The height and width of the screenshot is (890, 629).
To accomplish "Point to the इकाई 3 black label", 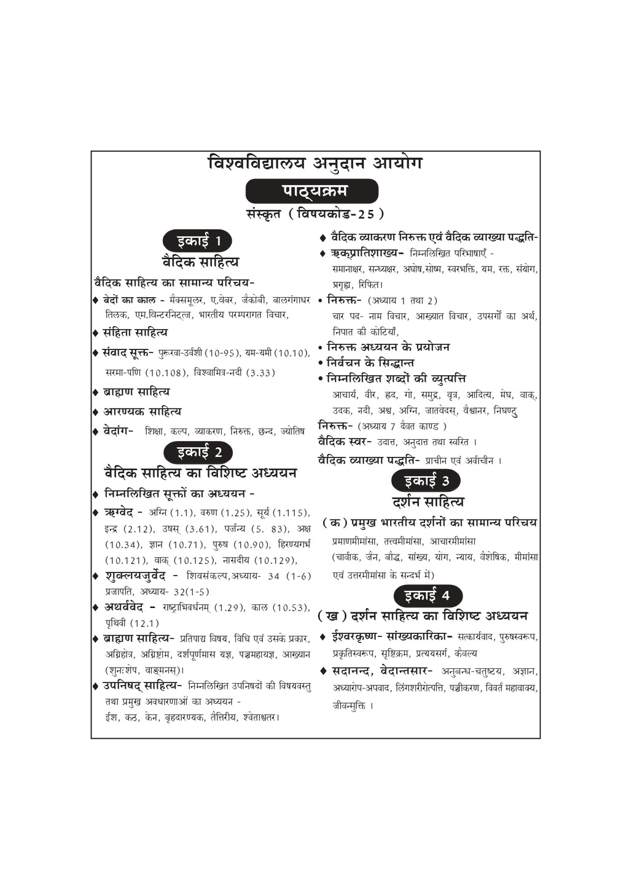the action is tap(426, 481).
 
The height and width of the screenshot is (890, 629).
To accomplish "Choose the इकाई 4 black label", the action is tap(426, 596).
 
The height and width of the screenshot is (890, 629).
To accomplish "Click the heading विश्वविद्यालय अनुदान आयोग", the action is tap(315, 164).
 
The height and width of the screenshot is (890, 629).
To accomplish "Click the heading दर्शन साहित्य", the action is tap(428, 502).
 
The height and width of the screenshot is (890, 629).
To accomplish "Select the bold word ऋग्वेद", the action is tap(119, 512).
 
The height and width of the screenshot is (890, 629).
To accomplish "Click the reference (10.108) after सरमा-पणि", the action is tap(166, 373).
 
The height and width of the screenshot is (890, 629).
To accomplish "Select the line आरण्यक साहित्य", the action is tap(142, 412).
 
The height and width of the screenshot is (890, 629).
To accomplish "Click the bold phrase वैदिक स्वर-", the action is tap(345, 442).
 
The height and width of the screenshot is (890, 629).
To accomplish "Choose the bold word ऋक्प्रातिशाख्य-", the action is tap(367, 253).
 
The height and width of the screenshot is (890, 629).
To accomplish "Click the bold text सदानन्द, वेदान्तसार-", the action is tap(382, 671).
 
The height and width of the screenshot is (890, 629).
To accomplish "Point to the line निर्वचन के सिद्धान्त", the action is tap(370, 363).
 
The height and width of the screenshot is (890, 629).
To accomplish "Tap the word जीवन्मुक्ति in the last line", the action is tap(349, 706).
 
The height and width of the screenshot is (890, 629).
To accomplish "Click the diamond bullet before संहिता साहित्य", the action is tap(95, 333).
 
